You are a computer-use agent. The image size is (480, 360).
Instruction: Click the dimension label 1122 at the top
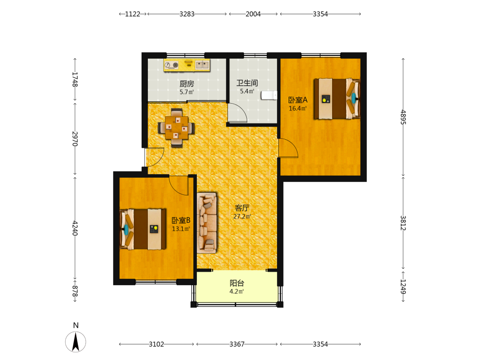point(132,14)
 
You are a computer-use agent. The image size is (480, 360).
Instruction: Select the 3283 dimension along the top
point(187,14)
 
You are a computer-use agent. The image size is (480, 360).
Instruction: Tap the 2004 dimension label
point(253,14)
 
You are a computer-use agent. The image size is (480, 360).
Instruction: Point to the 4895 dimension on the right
point(403,117)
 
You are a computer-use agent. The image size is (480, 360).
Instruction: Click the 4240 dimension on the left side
point(75,228)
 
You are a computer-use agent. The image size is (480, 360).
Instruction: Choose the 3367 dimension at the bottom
point(237,344)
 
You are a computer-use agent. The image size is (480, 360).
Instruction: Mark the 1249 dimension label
point(403,287)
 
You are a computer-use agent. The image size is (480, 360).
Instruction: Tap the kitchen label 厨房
point(187,84)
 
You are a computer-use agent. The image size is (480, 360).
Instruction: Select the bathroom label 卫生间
point(247,83)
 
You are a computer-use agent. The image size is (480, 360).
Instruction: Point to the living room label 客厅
point(242,208)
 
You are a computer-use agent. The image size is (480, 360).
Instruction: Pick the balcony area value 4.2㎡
point(237,291)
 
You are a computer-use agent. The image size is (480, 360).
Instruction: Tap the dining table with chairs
point(177,128)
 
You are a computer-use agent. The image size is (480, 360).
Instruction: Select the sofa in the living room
point(207,223)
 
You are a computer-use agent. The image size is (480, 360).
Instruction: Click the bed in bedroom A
point(337,98)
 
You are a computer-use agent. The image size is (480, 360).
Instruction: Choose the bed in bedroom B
point(143,229)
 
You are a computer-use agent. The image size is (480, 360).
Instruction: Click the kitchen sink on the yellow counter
point(203,65)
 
